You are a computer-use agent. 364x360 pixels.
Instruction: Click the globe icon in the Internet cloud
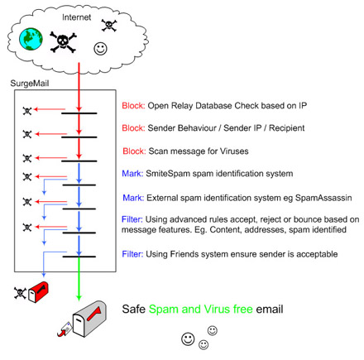(31, 39)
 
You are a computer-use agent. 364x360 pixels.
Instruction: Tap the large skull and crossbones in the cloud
(63, 42)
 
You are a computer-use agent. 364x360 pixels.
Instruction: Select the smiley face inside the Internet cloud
(100, 49)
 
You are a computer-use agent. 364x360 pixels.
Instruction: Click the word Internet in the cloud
(76, 17)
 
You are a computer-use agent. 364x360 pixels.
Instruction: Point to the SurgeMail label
(30, 83)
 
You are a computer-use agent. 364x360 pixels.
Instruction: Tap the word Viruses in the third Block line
(234, 151)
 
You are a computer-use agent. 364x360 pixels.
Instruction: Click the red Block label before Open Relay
(133, 105)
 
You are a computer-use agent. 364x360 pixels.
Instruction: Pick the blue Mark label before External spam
(133, 198)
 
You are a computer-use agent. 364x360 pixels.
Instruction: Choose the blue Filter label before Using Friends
(132, 254)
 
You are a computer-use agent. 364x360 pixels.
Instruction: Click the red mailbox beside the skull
(38, 292)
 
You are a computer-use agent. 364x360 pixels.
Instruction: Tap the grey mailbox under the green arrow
(89, 319)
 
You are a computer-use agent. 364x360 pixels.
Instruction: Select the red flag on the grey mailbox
(94, 314)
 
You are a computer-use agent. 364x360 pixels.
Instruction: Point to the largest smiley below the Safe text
(188, 339)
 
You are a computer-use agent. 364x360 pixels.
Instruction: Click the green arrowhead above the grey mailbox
(79, 297)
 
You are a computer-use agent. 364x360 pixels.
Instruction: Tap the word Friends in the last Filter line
(183, 254)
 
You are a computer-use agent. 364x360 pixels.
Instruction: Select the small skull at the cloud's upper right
(109, 26)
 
